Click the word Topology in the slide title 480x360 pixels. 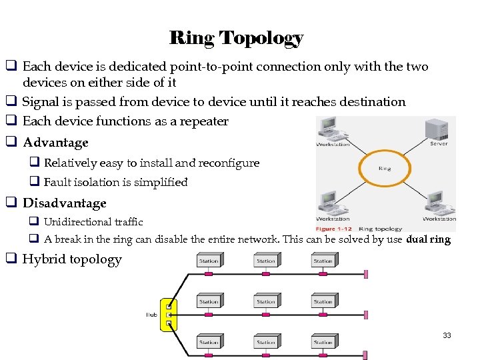261,38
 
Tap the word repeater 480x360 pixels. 202,121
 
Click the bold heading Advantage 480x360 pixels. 55,143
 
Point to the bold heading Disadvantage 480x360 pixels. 65,203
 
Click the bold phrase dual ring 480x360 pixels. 428,239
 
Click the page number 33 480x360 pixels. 447,335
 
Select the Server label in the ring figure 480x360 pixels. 439,144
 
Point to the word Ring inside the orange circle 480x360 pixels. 385,169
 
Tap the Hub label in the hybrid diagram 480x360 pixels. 151,315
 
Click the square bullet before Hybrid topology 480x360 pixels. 11,259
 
